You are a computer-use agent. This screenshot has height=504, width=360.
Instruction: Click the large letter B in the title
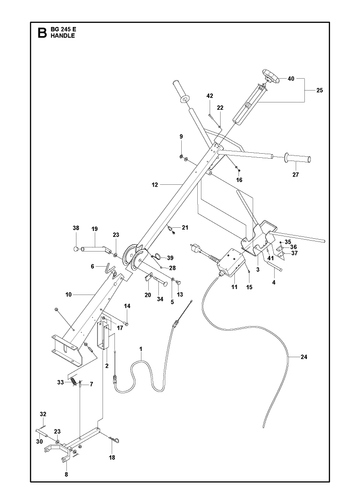pyautogui.click(x=42, y=33)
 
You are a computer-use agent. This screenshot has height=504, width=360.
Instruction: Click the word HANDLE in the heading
pyautogui.click(x=63, y=36)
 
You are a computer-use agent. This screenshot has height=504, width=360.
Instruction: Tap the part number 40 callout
pyautogui.click(x=291, y=79)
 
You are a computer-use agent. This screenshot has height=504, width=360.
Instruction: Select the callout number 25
pyautogui.click(x=320, y=90)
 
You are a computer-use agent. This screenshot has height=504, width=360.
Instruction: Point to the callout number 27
pyautogui.click(x=296, y=174)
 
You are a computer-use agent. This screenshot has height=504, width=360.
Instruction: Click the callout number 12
pyautogui.click(x=155, y=184)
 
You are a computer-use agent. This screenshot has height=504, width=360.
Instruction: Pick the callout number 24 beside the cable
pyautogui.click(x=304, y=357)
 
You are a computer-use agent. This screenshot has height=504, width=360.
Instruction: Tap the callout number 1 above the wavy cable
pyautogui.click(x=141, y=349)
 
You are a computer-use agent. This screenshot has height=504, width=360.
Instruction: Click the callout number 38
pyautogui.click(x=76, y=228)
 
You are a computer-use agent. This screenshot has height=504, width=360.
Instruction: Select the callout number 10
pyautogui.click(x=69, y=294)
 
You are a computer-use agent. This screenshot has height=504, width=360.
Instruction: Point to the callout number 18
pyautogui.click(x=112, y=458)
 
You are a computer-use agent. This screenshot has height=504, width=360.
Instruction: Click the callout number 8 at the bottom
pyautogui.click(x=66, y=474)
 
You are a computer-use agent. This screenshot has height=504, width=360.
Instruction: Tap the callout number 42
pyautogui.click(x=210, y=96)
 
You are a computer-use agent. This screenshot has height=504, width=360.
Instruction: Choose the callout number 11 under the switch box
pyautogui.click(x=234, y=287)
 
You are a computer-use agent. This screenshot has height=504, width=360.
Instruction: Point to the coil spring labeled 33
pyautogui.click(x=73, y=380)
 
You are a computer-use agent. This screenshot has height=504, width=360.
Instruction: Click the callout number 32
pyautogui.click(x=43, y=414)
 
